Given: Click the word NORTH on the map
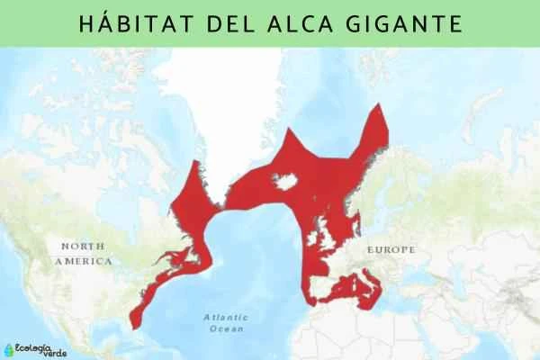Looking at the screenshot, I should point(83,246).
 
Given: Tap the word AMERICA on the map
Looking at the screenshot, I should point(83,260).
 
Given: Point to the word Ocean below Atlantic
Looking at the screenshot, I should point(226,329).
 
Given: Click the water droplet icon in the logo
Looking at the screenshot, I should point(9,346).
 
